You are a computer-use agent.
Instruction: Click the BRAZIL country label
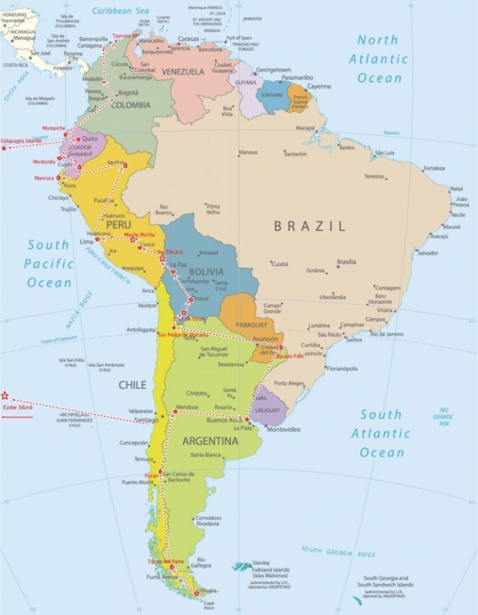tap(309, 226)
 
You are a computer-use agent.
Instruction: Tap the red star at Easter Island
tap(5, 395)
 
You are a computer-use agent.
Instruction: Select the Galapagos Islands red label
tap(21, 141)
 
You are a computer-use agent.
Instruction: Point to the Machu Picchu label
tap(139, 235)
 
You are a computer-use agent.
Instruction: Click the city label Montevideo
tap(283, 429)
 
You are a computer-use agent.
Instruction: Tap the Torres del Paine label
tap(166, 561)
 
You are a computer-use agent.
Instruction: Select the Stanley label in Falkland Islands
tap(261, 562)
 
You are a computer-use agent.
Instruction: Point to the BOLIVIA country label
tap(206, 272)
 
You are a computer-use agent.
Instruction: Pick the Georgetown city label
tap(273, 69)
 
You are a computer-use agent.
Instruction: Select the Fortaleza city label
tap(434, 168)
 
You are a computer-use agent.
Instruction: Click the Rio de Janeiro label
tap(387, 334)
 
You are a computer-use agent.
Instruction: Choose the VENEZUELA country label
tap(183, 72)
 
